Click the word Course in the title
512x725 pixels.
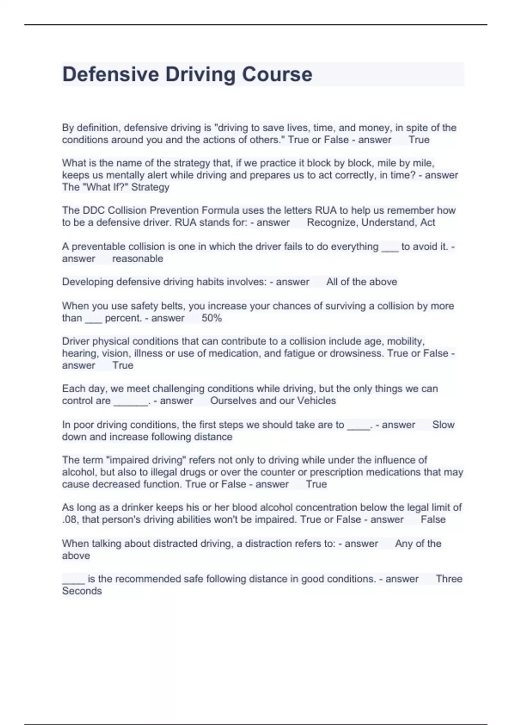tap(277, 74)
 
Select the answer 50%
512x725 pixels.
tap(212, 318)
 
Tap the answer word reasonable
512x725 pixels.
tap(137, 259)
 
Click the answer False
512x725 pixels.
tap(433, 520)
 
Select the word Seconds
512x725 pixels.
tap(82, 591)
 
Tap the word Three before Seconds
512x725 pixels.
tap(449, 579)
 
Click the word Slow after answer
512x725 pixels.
tap(443, 425)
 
